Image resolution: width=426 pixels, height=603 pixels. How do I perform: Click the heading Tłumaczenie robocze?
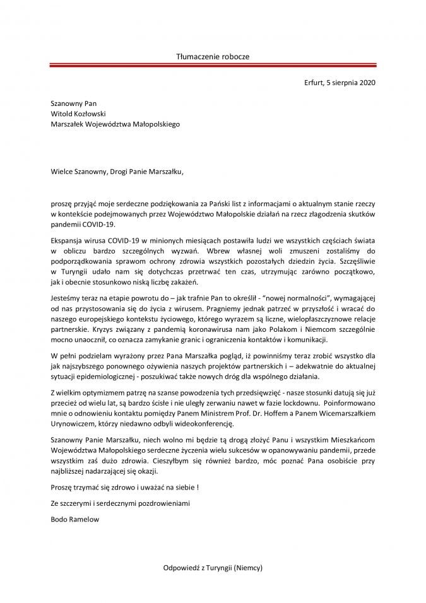pyautogui.click(x=213, y=57)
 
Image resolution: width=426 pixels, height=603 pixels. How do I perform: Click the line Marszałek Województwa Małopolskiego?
pyautogui.click(x=115, y=125)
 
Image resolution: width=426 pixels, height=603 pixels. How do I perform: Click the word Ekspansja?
pyautogui.click(x=70, y=240)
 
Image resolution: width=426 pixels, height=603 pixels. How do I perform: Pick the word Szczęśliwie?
pyautogui.click(x=355, y=261)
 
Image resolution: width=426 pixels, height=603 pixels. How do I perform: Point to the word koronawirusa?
pyautogui.click(x=212, y=328)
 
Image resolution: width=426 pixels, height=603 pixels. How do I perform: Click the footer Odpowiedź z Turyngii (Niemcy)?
pyautogui.click(x=212, y=568)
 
